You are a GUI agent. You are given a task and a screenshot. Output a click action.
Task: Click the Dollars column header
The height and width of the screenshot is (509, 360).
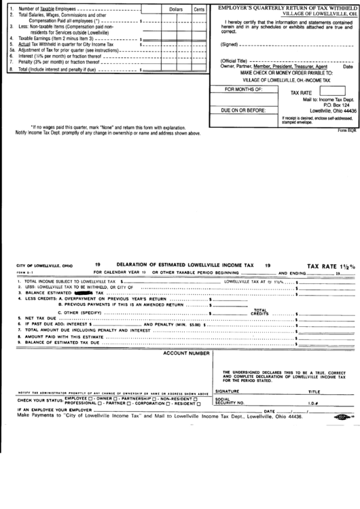[176, 10]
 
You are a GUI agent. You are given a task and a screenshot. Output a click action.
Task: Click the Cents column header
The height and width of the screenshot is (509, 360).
[199, 10]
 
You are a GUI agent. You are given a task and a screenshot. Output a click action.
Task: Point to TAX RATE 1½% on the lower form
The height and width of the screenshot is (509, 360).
[331, 266]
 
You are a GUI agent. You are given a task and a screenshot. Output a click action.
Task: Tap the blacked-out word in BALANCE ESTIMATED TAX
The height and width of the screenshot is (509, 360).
[86, 293]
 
